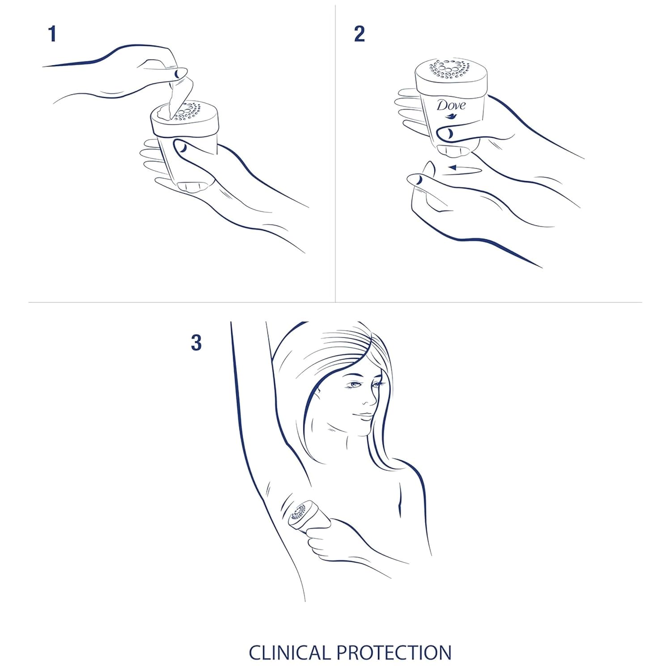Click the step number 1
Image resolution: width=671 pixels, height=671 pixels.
tap(52, 34)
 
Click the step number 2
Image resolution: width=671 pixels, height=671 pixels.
tap(359, 34)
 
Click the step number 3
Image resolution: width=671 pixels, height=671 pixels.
tap(196, 343)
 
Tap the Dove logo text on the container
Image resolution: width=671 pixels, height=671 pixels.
tap(451, 106)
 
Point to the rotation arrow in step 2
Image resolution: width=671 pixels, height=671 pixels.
tap(465, 169)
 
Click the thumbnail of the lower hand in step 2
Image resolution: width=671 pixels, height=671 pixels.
tap(416, 179)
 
